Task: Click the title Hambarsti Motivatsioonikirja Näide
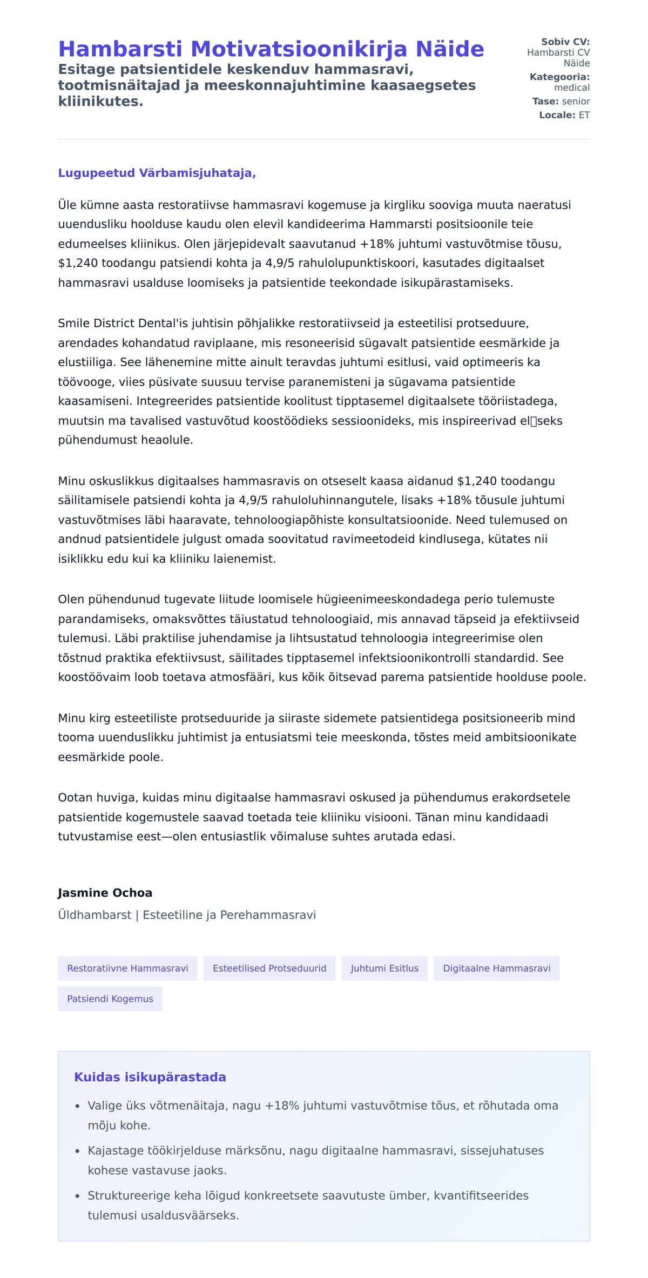[x=271, y=49]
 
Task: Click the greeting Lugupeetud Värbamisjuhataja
[x=157, y=173]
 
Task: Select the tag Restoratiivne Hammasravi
[x=127, y=968]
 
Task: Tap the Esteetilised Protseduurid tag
[x=269, y=968]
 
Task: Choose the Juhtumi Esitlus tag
[x=384, y=968]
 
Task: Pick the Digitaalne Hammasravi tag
[x=496, y=968]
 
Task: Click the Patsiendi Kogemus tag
[x=110, y=999]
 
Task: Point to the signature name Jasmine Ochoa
[x=105, y=893]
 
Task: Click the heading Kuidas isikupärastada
[x=150, y=1077]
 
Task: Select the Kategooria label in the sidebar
[x=559, y=77]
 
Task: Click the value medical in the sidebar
[x=572, y=88]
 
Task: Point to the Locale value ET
[x=584, y=115]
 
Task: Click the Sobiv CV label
[x=565, y=42]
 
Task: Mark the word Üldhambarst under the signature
[x=94, y=915]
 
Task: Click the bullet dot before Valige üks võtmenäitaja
[x=78, y=1106]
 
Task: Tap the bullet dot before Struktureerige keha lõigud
[x=78, y=1196]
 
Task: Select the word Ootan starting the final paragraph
[x=75, y=798]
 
